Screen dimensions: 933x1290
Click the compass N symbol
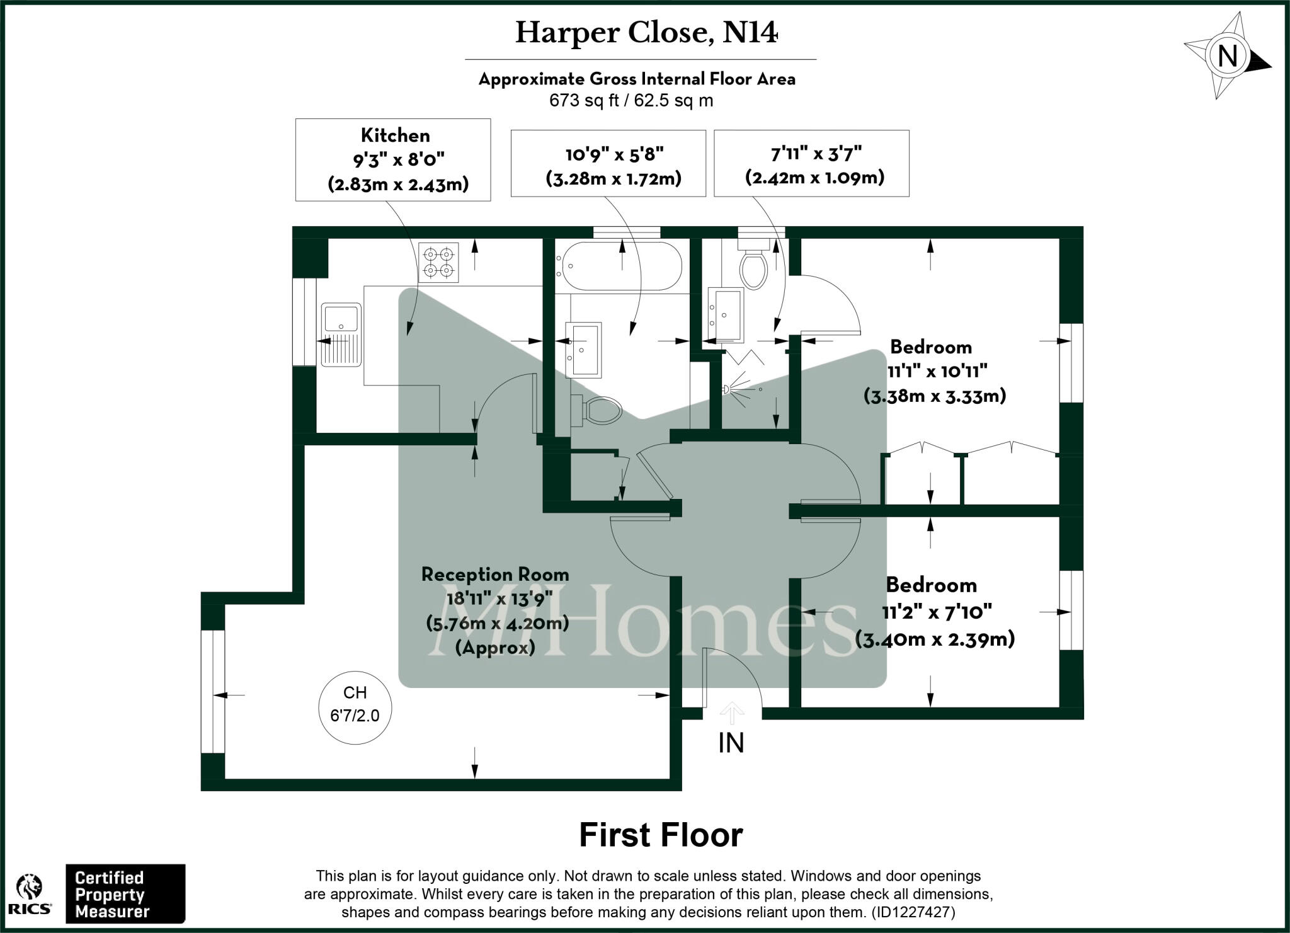point(1227,57)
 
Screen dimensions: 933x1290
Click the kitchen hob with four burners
point(439,262)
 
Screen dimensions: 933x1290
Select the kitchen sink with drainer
point(341,335)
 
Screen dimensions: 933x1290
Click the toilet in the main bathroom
point(598,411)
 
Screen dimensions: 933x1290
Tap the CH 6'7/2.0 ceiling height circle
point(355,704)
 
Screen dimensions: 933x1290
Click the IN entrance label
point(731,743)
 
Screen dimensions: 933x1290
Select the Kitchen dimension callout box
point(393,160)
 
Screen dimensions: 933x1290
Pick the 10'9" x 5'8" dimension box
point(608,164)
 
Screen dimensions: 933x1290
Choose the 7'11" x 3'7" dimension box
point(811,164)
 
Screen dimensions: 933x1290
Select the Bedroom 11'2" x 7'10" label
point(933,612)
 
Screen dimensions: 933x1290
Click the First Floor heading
point(661,835)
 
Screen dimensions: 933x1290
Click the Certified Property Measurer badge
point(125,894)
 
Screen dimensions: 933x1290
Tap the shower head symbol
point(728,389)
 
